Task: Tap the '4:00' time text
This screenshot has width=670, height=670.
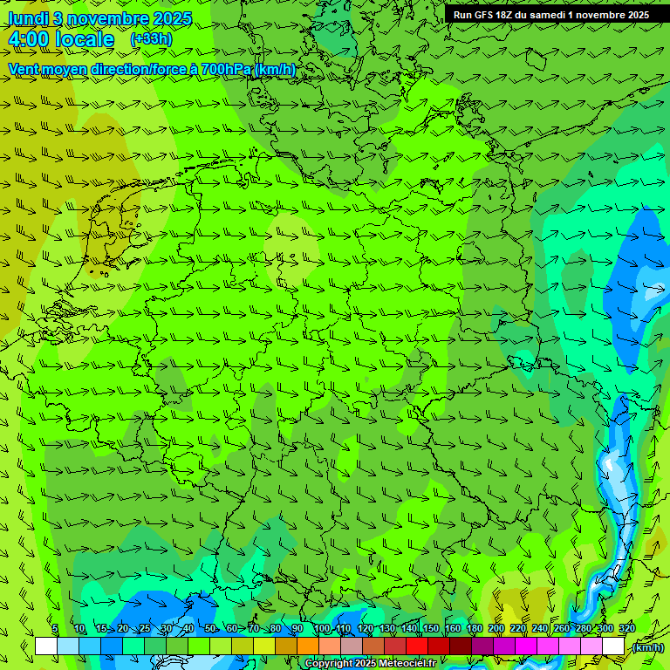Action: pyautogui.click(x=29, y=40)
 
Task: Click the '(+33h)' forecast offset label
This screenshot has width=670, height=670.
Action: pyautogui.click(x=151, y=39)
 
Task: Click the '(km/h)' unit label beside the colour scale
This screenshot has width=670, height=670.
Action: pyautogui.click(x=646, y=647)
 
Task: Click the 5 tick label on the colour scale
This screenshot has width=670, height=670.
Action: pyautogui.click(x=55, y=628)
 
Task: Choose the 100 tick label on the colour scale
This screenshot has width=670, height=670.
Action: pyautogui.click(x=322, y=628)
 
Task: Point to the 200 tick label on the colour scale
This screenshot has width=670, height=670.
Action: pyautogui.click(x=496, y=628)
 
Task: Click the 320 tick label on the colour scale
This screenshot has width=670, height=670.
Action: pyautogui.click(x=627, y=628)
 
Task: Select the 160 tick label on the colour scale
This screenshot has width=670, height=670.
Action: pyautogui.click(x=453, y=628)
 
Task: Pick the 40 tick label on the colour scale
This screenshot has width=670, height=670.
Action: pyautogui.click(x=188, y=628)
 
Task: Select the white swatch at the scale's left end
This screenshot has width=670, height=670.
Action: pyautogui.click(x=45, y=646)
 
